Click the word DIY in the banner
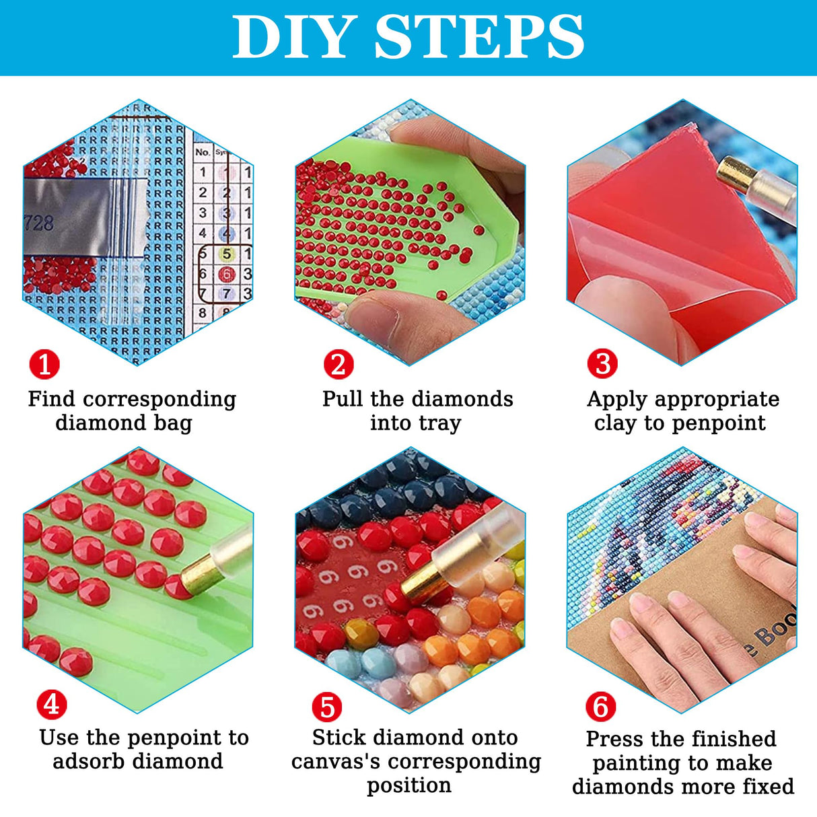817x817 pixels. tap(294, 38)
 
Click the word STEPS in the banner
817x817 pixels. tap(478, 38)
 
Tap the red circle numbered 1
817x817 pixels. tap(44, 364)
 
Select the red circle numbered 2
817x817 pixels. tap(338, 364)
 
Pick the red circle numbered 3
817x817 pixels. tap(602, 363)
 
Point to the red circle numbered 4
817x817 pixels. tap(51, 705)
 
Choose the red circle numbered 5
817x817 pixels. tap(327, 707)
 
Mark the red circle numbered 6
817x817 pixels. tap(600, 707)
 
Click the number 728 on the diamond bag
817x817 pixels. tap(38, 223)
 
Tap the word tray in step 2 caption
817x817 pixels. tap(439, 423)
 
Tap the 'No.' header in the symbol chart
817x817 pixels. tap(203, 152)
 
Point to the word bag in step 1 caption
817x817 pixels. tap(176, 423)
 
